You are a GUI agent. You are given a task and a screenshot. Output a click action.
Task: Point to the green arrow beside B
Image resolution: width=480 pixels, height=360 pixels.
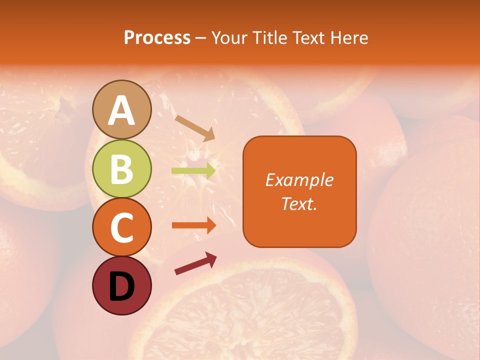(x=193, y=170)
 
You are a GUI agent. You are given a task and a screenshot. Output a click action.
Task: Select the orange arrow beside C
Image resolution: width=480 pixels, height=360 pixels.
(x=193, y=225)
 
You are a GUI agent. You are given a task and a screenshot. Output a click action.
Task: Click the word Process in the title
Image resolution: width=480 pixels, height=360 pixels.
(x=157, y=37)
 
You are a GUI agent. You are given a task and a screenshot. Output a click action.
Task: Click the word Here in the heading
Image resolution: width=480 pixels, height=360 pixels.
(x=350, y=37)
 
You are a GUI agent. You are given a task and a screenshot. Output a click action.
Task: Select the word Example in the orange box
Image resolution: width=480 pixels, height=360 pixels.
(x=299, y=180)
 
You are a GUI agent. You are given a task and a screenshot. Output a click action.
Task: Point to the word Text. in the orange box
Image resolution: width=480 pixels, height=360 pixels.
(x=299, y=203)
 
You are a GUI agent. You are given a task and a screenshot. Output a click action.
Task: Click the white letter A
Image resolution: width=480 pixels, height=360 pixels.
(x=122, y=110)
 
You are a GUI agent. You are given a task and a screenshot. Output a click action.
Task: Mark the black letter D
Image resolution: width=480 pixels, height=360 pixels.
(x=122, y=286)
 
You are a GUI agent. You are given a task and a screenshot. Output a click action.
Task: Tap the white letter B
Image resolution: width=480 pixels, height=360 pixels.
(x=122, y=168)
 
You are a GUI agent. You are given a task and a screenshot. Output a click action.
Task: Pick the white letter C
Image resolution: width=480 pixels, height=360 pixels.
(x=122, y=227)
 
